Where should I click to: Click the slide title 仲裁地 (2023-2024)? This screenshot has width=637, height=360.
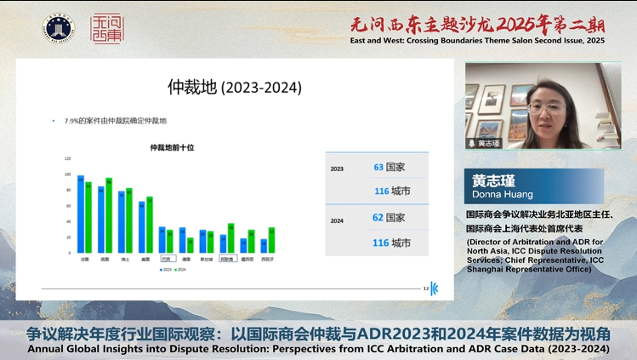pyautogui.click(x=234, y=87)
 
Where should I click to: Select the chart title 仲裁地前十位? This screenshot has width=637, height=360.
pyautogui.click(x=172, y=147)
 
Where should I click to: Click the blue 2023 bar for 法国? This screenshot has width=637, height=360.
pyautogui.click(x=81, y=214)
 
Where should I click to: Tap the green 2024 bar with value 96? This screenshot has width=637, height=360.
pyautogui.click(x=109, y=215)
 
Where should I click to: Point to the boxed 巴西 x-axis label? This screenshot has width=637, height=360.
pyautogui.click(x=165, y=259)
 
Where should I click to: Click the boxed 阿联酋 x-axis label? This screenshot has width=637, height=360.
pyautogui.click(x=226, y=259)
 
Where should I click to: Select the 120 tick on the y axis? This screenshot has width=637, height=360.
pyautogui.click(x=67, y=158)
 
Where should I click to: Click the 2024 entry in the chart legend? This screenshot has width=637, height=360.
pyautogui.click(x=179, y=270)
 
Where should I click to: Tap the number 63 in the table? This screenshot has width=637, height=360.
pyautogui.click(x=378, y=168)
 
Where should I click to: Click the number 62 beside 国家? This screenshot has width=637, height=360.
pyautogui.click(x=378, y=218)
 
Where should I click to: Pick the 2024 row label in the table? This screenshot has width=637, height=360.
pyautogui.click(x=337, y=220)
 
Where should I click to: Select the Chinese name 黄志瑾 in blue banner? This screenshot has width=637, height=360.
pyautogui.click(x=495, y=180)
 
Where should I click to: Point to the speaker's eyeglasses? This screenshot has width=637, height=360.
pyautogui.click(x=544, y=108)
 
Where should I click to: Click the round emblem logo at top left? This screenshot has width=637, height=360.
pyautogui.click(x=58, y=27)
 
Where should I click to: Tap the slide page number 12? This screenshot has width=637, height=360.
pyautogui.click(x=426, y=289)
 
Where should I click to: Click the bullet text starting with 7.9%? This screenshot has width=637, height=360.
pyautogui.click(x=116, y=121)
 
